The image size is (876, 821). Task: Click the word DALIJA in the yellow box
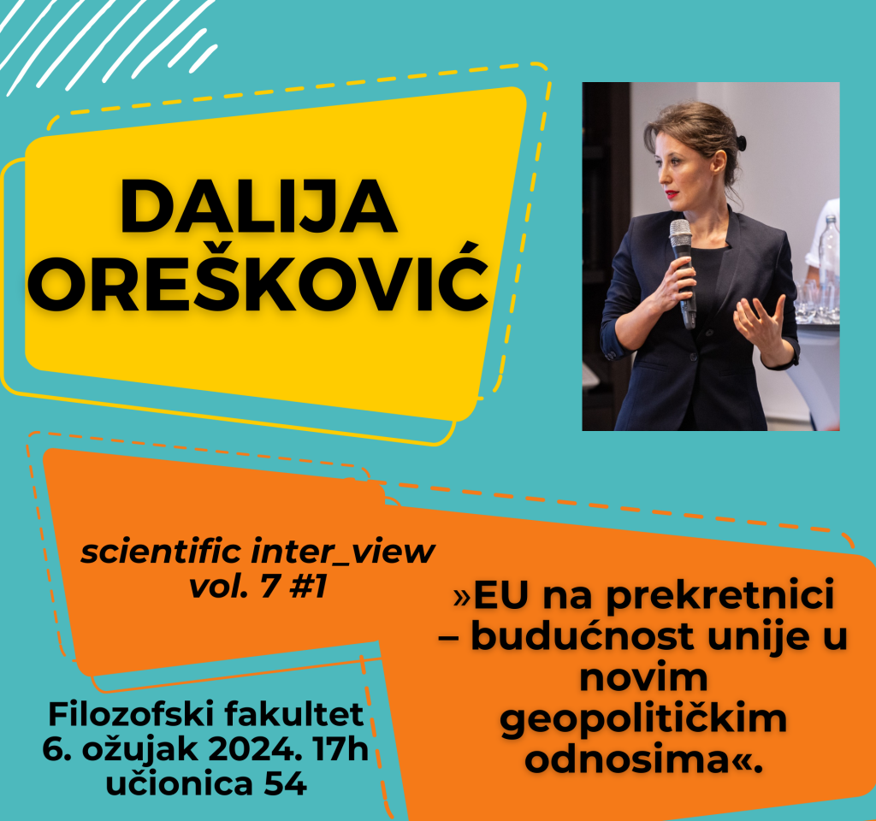coord(258,207)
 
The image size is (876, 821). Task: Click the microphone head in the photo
coord(680,233)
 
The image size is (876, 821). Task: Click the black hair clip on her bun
coord(741,143)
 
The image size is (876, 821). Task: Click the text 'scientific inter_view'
coord(257,552)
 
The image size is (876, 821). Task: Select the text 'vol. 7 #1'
coord(257,587)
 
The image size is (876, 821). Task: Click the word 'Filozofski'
coord(132,714)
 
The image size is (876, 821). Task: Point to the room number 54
coord(286,783)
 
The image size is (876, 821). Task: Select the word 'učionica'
coord(180,783)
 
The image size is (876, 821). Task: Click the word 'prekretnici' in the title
coord(720,596)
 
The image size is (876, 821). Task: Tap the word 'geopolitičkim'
coord(643,719)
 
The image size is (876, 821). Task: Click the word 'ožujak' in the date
coord(140,750)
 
